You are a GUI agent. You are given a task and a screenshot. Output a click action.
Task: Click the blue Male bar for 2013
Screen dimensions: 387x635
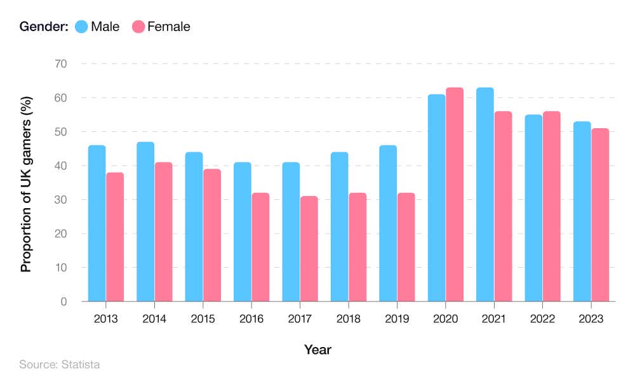[97, 223]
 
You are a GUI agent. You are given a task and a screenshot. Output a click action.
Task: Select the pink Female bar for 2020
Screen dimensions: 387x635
[455, 194]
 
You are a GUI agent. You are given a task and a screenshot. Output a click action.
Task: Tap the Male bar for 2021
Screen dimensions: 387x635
[485, 194]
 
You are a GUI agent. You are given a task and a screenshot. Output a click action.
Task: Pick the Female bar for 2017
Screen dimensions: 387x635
[309, 249]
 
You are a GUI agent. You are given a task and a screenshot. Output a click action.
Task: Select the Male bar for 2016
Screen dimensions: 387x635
[243, 232]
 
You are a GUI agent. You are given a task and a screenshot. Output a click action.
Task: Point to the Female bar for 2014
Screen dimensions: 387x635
[164, 232]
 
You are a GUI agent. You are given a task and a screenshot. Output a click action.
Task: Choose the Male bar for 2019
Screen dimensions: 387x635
[388, 223]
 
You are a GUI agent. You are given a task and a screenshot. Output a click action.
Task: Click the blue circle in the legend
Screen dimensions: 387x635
[81, 27]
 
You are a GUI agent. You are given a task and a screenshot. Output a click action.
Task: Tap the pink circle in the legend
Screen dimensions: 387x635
[138, 27]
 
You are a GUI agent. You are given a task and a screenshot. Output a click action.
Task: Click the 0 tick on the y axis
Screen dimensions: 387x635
[64, 301]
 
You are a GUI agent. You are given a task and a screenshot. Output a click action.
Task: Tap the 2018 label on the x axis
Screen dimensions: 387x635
[349, 319]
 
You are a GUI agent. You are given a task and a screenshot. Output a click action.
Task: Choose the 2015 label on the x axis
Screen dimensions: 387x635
[203, 319]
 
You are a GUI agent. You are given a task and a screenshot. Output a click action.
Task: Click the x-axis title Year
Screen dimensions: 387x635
[317, 350]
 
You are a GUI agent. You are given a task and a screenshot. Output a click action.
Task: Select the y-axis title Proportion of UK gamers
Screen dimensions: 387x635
[26, 183]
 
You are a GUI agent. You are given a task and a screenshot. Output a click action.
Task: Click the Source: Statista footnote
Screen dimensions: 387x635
[59, 365]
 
